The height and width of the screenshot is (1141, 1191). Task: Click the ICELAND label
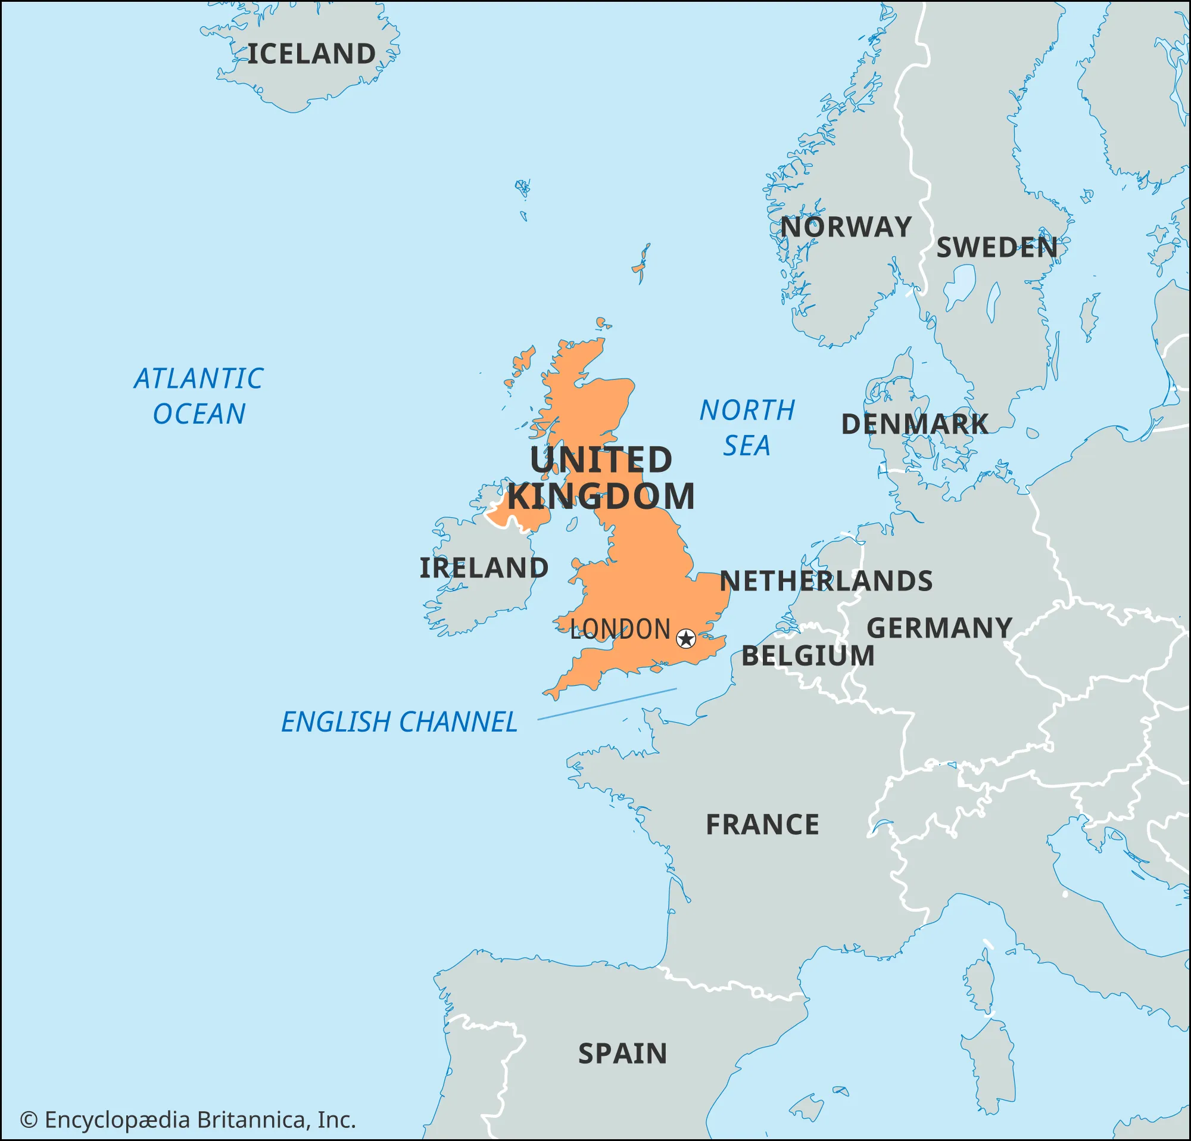click(x=311, y=54)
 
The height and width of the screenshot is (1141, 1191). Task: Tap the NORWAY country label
click(x=846, y=228)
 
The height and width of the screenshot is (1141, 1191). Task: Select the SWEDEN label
click(x=996, y=247)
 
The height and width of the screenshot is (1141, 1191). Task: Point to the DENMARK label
click(x=915, y=424)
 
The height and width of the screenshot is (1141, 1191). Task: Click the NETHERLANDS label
click(x=826, y=581)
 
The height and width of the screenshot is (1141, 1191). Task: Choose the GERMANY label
click(x=940, y=628)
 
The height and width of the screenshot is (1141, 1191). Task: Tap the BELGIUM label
click(x=808, y=656)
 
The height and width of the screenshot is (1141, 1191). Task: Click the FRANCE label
click(x=762, y=825)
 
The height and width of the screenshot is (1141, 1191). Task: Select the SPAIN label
click(x=622, y=1053)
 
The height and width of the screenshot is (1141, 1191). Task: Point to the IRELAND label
click(x=484, y=568)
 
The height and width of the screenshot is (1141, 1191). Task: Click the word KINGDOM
click(x=601, y=497)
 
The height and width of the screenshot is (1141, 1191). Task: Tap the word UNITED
click(x=601, y=459)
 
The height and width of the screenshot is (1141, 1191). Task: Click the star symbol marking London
click(x=686, y=638)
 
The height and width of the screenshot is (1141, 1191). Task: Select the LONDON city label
click(x=620, y=629)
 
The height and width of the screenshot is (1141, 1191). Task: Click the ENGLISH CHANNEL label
click(x=399, y=722)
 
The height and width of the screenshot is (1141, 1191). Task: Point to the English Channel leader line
click(x=607, y=704)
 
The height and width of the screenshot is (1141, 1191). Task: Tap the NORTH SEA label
click(x=747, y=428)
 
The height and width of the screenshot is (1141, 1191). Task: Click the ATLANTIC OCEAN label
click(x=199, y=396)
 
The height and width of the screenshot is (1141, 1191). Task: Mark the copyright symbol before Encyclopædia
click(x=29, y=1120)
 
